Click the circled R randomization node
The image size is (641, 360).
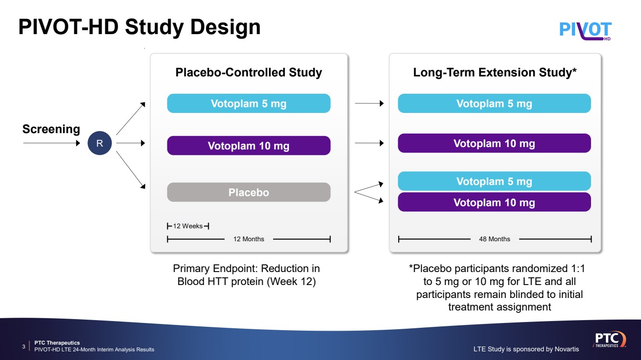pos(100,143)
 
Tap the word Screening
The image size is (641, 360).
pos(51,129)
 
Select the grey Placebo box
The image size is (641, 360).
pos(249,192)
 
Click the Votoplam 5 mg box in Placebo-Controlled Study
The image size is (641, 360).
pos(249,104)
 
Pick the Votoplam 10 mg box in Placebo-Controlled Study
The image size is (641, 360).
pos(249,146)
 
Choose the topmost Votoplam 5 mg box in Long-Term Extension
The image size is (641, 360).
pos(494,104)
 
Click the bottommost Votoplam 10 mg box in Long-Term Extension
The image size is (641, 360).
pos(494,202)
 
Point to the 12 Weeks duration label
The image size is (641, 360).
pos(188,226)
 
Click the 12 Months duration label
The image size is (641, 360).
pos(249,239)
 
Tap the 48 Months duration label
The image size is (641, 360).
pos(494,239)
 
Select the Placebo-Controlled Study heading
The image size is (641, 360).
pos(249,73)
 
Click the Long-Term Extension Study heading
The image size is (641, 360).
pos(495,73)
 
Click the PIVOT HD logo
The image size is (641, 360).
pos(586,30)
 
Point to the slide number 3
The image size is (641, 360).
pos(24,347)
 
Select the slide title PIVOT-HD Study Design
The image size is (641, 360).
pos(139,27)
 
